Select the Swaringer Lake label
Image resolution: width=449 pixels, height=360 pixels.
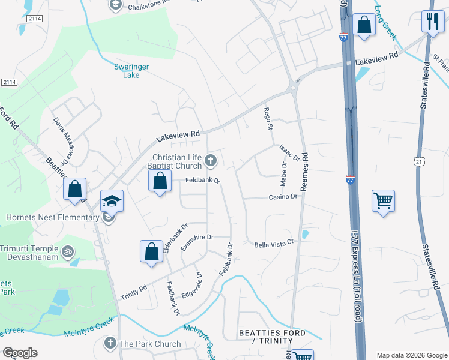tap(127, 71)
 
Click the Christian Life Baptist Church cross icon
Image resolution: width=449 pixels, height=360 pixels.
tap(210, 160)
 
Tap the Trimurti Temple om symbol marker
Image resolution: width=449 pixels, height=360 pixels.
tap(68, 250)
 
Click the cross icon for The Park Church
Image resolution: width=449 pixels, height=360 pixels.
tap(110, 343)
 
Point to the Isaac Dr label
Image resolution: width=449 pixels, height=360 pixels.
tap(289, 152)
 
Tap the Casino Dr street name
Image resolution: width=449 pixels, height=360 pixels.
tap(283, 197)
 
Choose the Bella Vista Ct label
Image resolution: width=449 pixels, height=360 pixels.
tap(276, 244)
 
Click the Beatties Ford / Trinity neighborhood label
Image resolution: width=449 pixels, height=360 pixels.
tap(273, 337)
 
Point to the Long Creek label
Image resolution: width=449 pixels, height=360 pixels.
tap(385, 23)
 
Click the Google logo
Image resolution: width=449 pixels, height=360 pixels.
tap(20, 353)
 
